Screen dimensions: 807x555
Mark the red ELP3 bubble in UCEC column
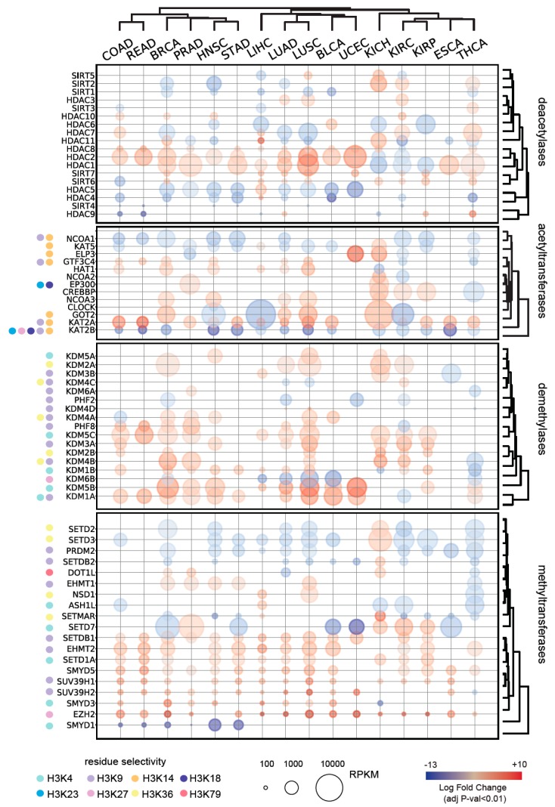pyautogui.click(x=355, y=254)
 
